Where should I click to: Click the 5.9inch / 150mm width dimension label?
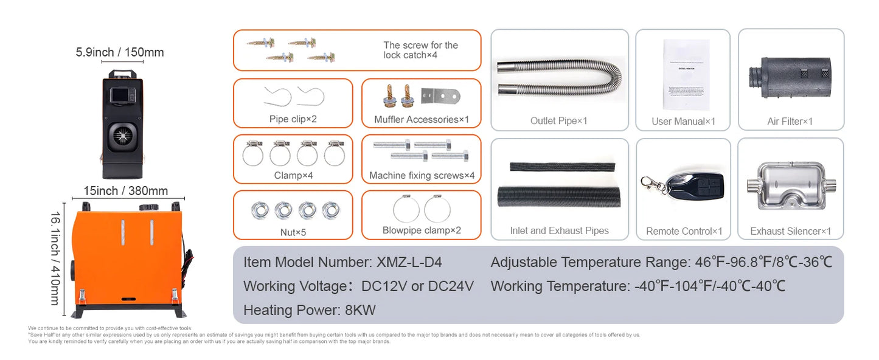120,52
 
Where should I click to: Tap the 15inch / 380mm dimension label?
126,191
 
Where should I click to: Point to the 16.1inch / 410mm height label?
54,258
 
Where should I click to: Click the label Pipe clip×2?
293,119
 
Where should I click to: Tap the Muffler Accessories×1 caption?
421,120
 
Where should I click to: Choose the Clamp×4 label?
293,175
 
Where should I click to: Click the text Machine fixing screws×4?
421,176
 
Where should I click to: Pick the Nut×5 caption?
293,232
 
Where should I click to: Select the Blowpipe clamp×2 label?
421,230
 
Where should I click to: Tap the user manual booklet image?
686,74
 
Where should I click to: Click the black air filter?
790,77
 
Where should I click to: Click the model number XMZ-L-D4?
409,263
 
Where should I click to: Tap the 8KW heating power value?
360,310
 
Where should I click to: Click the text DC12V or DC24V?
417,286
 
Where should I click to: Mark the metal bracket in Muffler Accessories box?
441,96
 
